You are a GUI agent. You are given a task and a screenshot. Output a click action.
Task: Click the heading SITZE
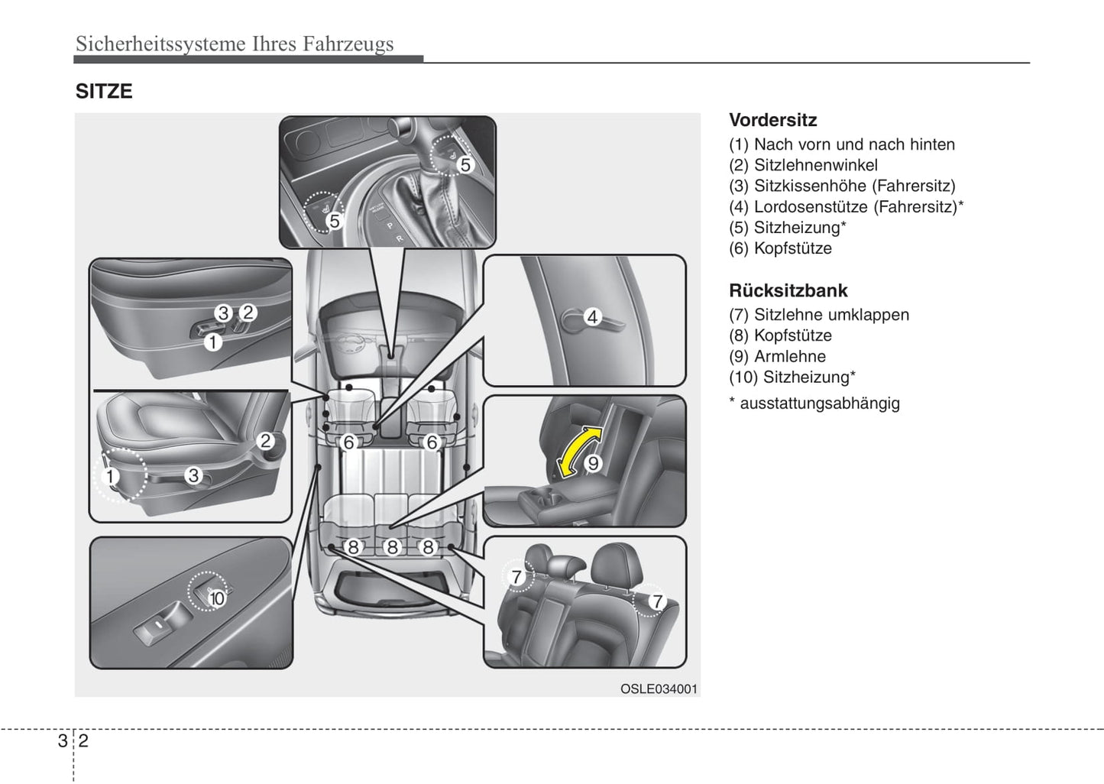(104, 92)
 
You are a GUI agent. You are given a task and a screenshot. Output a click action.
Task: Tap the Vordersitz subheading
(772, 120)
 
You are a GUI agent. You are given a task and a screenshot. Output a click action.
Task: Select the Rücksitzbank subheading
(788, 290)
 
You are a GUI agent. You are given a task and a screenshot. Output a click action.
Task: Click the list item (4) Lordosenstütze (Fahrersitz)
(846, 207)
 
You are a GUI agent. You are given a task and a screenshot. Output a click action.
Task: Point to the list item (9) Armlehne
(777, 356)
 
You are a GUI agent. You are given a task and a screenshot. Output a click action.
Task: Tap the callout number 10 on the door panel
(217, 598)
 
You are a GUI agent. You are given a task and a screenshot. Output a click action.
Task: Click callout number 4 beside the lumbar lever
(592, 316)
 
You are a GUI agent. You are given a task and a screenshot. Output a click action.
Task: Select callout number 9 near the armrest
(593, 463)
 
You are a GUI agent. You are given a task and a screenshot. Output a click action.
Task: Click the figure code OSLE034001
(659, 688)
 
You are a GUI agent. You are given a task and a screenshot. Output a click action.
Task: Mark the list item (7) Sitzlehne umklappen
(819, 315)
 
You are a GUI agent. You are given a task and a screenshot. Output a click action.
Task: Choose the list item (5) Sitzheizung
(787, 228)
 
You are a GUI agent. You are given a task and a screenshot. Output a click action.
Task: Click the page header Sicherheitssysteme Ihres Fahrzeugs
(235, 44)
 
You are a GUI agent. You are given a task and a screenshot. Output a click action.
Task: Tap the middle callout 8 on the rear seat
(392, 547)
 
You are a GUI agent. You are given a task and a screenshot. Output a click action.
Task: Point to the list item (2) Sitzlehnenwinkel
(803, 165)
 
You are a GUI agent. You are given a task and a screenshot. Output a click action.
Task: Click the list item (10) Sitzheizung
(792, 377)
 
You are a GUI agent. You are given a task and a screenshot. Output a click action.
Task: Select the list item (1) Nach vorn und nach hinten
(842, 144)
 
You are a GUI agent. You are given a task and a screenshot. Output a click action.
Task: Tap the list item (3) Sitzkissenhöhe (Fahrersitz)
(842, 186)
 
